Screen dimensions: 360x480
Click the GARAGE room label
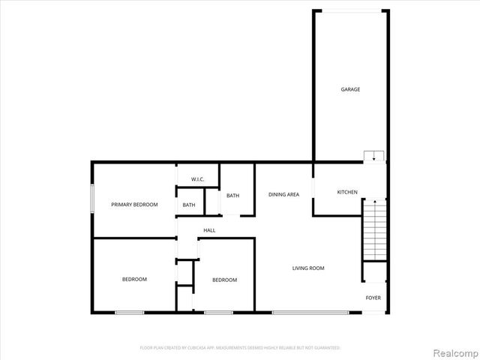tap(350, 89)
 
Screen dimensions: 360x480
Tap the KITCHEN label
tap(347, 192)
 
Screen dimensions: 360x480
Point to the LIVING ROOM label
tap(308, 268)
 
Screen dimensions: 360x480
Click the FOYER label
tap(373, 298)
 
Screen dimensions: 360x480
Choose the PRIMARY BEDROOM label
tap(134, 204)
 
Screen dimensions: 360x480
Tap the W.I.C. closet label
tap(198, 179)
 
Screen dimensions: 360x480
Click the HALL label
tap(209, 230)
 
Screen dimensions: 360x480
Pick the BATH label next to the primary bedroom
tap(189, 205)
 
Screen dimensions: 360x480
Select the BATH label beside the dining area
tap(233, 196)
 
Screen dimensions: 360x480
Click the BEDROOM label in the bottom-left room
tap(134, 279)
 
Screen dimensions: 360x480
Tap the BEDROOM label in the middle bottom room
tap(224, 280)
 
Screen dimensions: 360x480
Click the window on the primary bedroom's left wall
tap(92, 199)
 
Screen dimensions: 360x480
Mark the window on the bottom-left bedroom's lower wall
tap(129, 312)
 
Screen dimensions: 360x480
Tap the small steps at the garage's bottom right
tap(373, 156)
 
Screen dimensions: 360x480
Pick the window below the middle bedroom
tap(218, 312)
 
